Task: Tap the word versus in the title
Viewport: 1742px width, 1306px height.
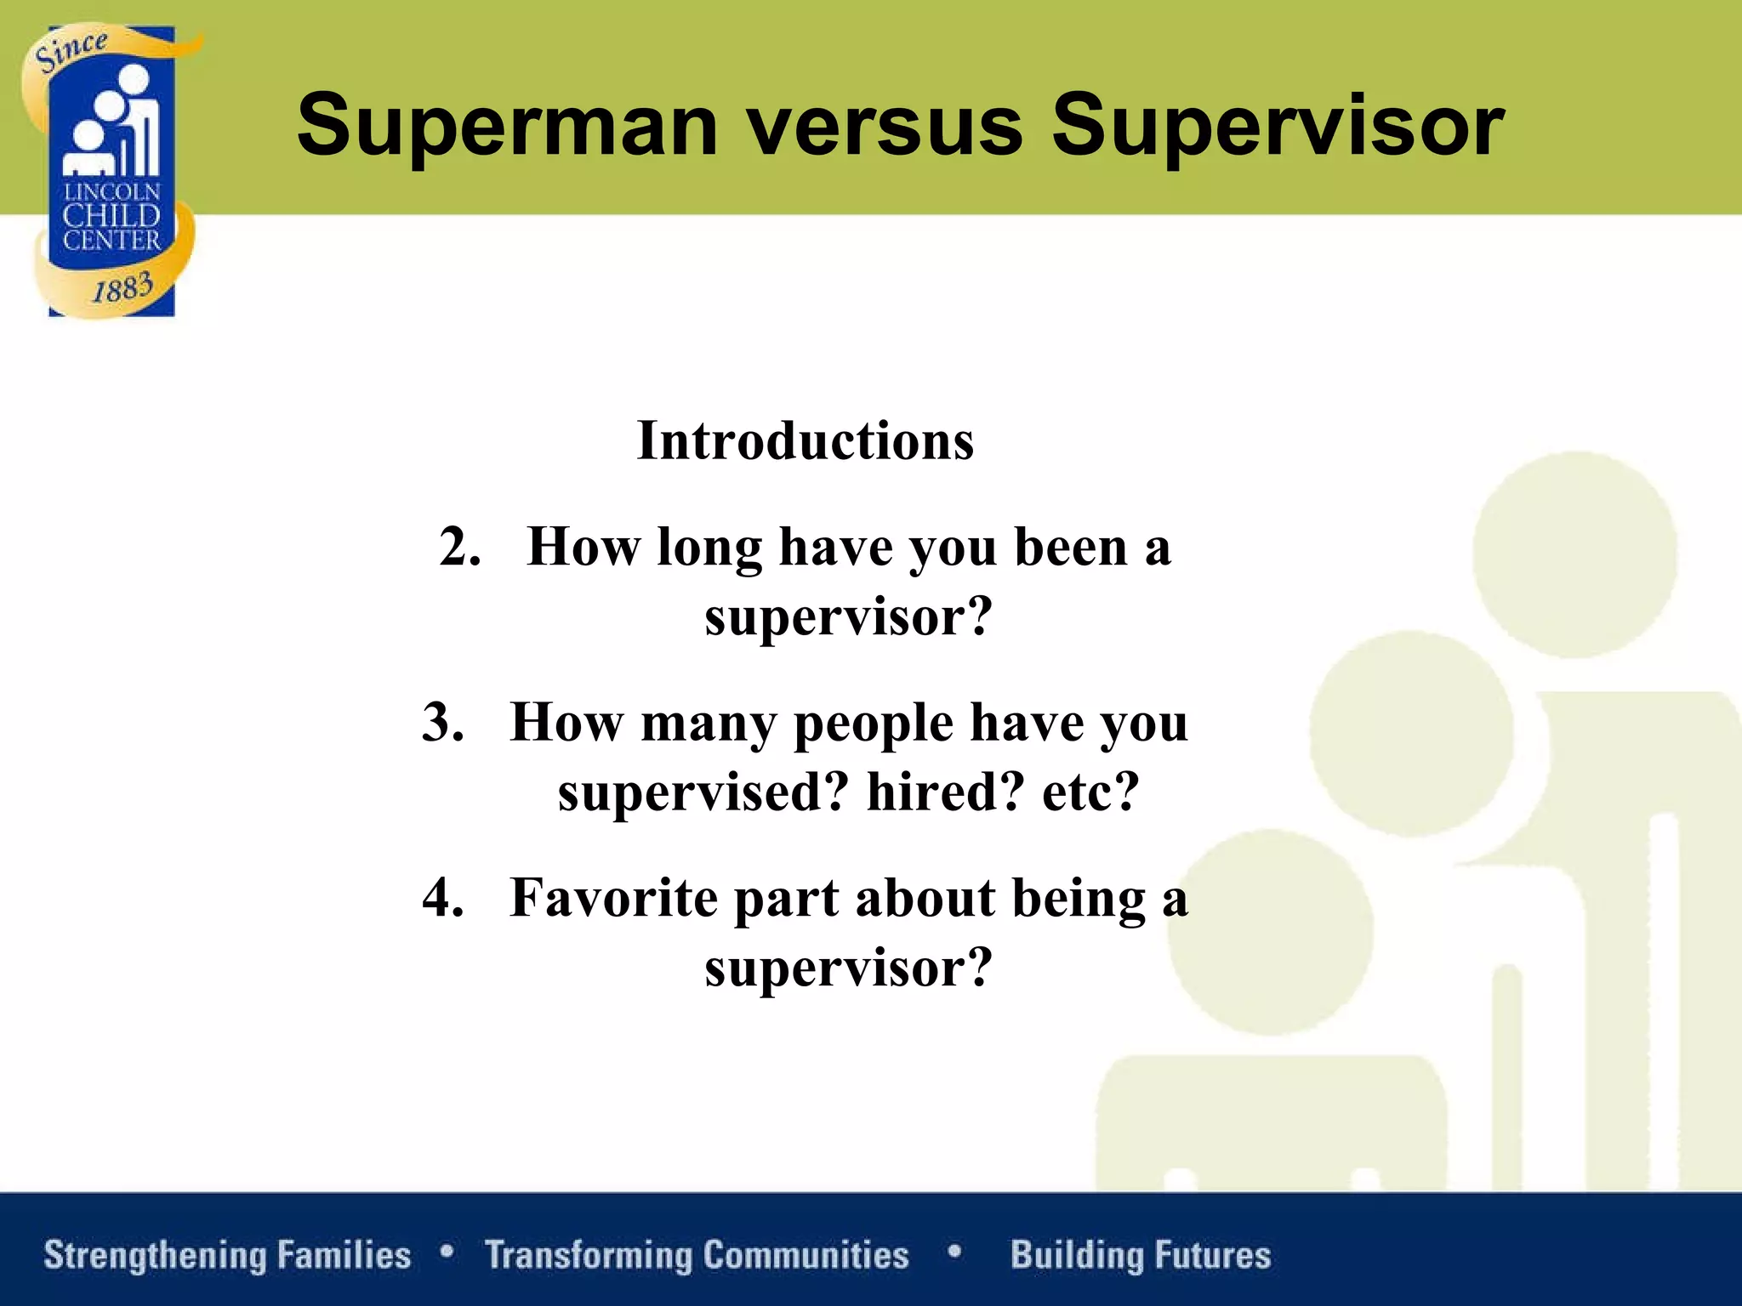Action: point(885,128)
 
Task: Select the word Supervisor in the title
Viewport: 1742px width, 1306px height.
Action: point(1278,128)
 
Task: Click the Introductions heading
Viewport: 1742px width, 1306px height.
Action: point(805,441)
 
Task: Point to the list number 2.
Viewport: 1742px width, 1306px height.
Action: point(460,547)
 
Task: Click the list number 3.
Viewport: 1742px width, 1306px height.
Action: point(443,723)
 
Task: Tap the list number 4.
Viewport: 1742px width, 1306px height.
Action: point(443,898)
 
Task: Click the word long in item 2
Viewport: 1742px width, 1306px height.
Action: point(709,548)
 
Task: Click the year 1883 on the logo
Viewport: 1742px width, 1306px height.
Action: point(122,287)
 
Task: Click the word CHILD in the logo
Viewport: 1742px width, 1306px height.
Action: point(111,216)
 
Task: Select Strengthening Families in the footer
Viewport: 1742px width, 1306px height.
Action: point(227,1255)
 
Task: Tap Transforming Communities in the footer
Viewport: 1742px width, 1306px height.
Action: point(697,1255)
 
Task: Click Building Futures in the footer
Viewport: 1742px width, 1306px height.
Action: point(1141,1255)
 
